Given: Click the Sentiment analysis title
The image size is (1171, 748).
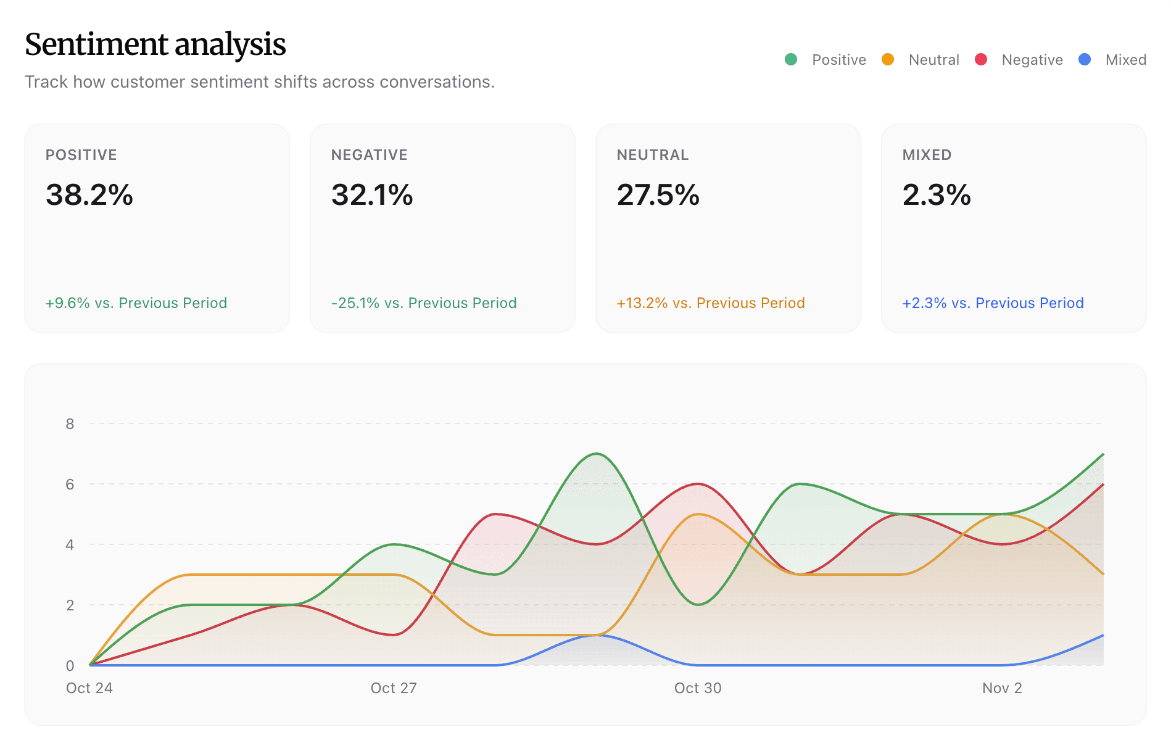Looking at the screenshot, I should point(155,44).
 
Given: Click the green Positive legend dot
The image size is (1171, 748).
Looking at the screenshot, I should point(790,59).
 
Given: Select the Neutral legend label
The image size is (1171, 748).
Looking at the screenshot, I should point(933,60).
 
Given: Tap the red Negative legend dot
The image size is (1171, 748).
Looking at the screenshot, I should point(980,59).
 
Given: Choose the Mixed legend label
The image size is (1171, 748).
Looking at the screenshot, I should point(1125,60).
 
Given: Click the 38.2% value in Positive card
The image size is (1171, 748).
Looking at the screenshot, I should point(89,195).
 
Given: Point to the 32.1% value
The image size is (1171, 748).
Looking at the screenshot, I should point(372,195).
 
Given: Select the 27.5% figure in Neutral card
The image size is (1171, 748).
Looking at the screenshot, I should point(658,195).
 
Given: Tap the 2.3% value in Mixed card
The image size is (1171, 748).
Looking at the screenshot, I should point(937,195).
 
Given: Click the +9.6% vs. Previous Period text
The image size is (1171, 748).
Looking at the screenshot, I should point(136,303).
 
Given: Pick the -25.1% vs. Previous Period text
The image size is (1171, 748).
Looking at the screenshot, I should point(423,303).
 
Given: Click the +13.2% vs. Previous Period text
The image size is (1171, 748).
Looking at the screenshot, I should point(710,303).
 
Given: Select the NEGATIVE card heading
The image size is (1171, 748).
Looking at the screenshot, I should point(369,155).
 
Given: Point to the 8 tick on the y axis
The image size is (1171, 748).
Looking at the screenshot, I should point(70,424).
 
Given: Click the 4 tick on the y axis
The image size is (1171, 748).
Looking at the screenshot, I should point(70,545).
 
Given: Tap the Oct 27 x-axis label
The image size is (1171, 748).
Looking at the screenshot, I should point(394,688).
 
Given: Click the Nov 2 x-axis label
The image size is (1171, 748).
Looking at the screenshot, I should point(1002,688).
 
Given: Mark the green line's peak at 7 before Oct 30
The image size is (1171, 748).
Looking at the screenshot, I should point(596,454).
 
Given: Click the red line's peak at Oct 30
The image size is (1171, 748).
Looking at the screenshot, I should point(698,484).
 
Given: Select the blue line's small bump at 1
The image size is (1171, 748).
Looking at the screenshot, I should point(596,635).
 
